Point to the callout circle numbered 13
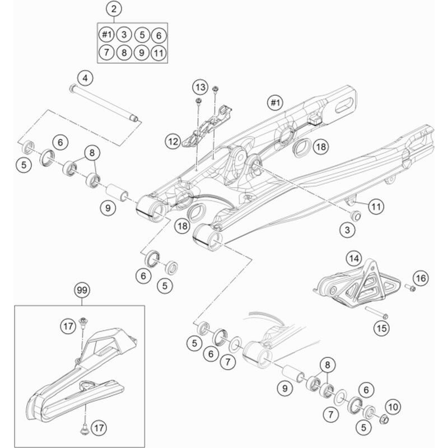click(x=200, y=86)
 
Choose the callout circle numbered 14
click(x=353, y=258)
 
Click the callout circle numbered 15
click(x=382, y=328)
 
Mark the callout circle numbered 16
click(x=421, y=277)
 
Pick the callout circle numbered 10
click(x=393, y=407)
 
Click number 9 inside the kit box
click(x=142, y=53)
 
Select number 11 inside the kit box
click(x=159, y=53)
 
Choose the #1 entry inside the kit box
click(x=106, y=35)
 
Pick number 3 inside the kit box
click(x=124, y=35)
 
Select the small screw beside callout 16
click(x=409, y=288)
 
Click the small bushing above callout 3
click(x=354, y=215)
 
